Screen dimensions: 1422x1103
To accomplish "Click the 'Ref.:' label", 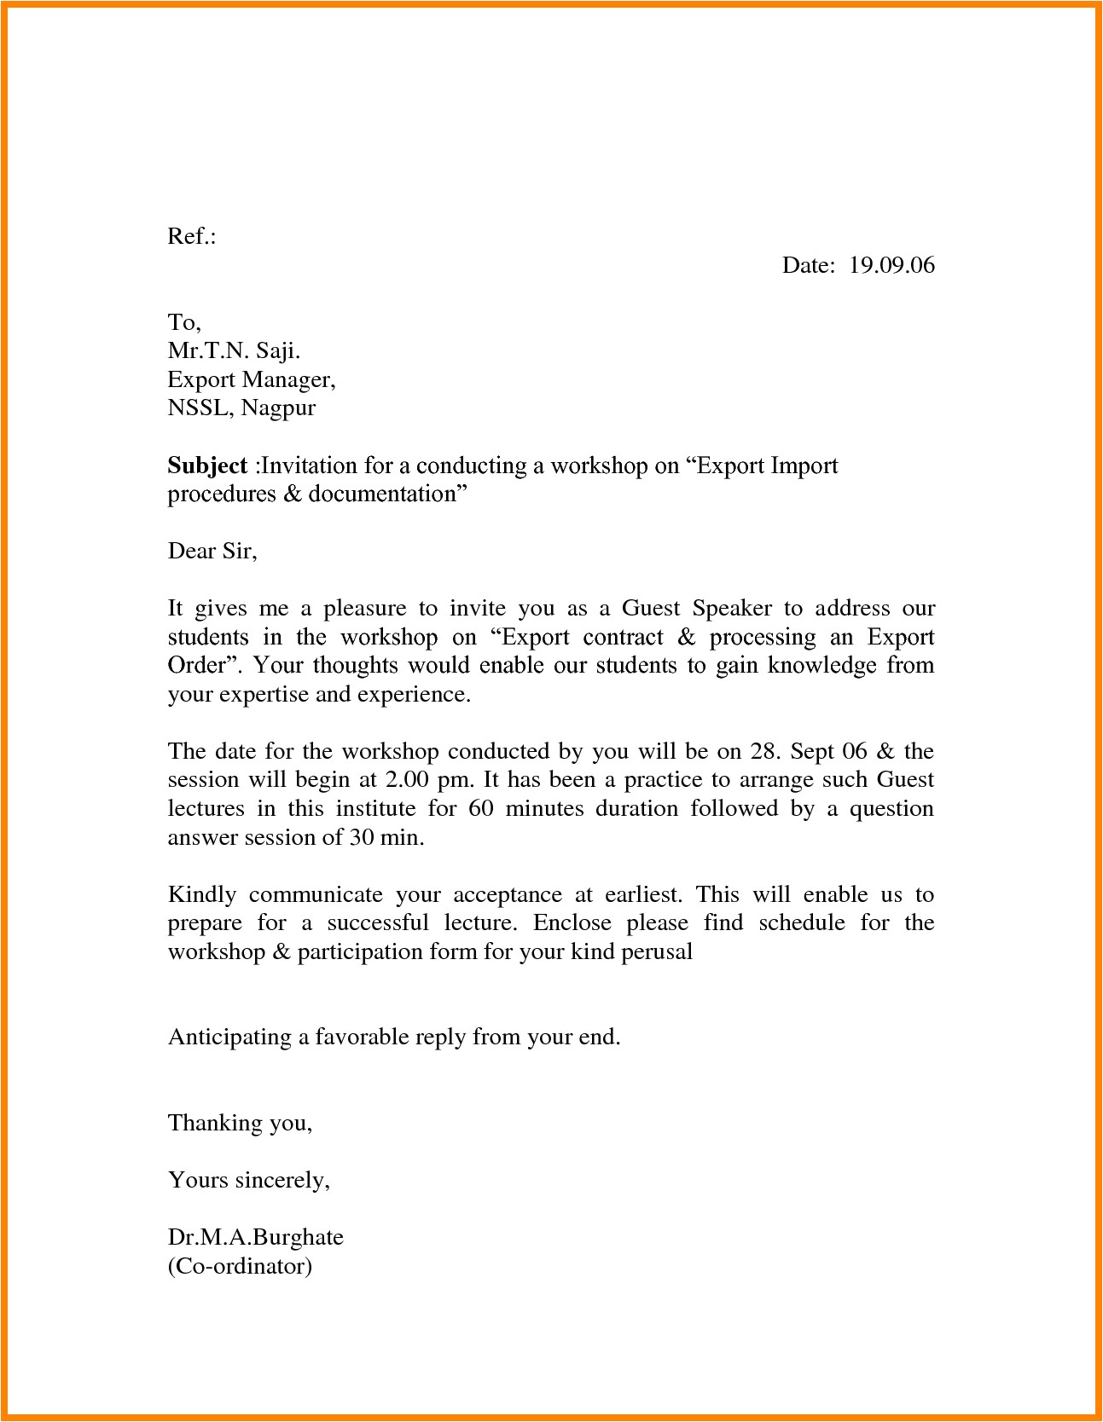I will click(191, 236).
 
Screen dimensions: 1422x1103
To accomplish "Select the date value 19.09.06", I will click(891, 265).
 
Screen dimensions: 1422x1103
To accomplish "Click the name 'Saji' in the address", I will click(277, 350).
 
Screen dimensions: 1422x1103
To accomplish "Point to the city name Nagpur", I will click(278, 408).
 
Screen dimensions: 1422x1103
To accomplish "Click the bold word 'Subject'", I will click(207, 465).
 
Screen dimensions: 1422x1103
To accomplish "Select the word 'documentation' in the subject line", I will click(383, 494).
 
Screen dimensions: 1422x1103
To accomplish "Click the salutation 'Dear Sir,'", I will click(212, 551).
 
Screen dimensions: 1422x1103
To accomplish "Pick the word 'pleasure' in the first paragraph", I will click(364, 609).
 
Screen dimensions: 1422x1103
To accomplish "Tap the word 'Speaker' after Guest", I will click(732, 609).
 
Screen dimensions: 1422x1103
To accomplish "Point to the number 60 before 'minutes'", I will click(481, 808).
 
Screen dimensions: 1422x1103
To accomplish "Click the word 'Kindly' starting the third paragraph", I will click(202, 894).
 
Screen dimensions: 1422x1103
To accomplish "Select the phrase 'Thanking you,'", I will click(240, 1123).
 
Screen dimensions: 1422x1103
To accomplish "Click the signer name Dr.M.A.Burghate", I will click(255, 1237).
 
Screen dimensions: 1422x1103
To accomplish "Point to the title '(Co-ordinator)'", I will click(240, 1266).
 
